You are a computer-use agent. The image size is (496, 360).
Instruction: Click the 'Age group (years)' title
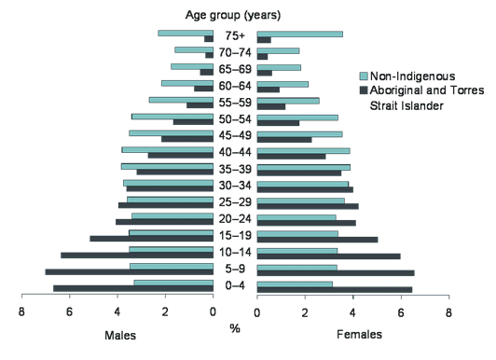pos(235,15)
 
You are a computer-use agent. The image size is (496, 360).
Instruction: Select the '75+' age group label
pos(235,36)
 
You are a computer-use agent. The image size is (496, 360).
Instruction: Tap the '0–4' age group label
pos(235,286)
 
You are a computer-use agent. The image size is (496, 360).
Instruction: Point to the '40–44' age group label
pos(235,153)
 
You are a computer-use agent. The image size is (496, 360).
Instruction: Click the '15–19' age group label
pos(235,236)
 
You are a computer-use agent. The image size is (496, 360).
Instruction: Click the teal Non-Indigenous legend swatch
pos(365,76)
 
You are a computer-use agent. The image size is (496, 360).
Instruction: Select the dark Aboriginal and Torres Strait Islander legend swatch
pos(365,90)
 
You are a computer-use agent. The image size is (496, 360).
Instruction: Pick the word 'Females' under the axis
pos(361,334)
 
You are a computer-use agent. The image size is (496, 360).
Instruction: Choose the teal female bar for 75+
pos(299,34)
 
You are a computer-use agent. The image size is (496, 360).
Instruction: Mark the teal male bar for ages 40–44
pos(167,149)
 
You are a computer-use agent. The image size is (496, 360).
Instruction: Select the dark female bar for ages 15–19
pos(317,240)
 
